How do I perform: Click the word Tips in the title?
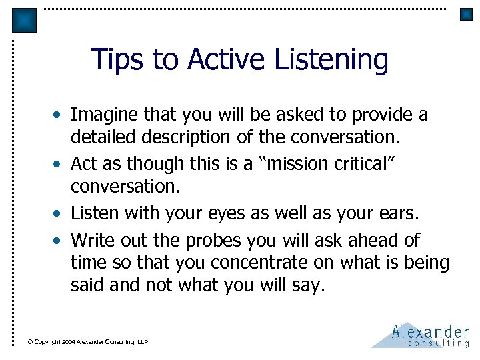click(x=117, y=59)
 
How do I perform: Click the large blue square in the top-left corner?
click(x=25, y=21)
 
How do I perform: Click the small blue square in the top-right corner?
click(x=466, y=14)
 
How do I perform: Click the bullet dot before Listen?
click(x=60, y=214)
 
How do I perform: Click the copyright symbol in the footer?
click(x=30, y=342)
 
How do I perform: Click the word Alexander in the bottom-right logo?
click(x=430, y=331)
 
